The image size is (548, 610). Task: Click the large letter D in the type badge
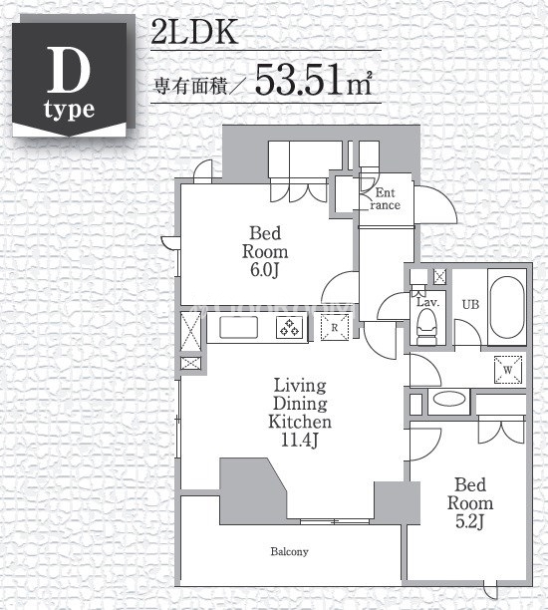[69, 71]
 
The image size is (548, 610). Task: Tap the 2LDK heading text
[194, 33]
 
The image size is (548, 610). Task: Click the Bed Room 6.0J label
[265, 252]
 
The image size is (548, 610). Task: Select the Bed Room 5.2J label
[470, 503]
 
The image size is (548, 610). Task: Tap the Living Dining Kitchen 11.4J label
[300, 414]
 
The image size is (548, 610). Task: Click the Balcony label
[289, 551]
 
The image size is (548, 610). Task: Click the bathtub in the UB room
[506, 308]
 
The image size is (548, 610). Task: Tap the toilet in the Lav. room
[426, 331]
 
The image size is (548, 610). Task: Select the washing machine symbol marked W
[507, 370]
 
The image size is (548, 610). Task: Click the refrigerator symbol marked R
[335, 328]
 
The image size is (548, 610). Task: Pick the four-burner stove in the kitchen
[289, 327]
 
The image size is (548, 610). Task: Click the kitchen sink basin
[238, 327]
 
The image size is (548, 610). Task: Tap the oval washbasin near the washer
[448, 399]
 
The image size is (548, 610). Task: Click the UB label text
[470, 305]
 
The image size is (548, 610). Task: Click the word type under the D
[69, 111]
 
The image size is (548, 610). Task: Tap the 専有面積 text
[190, 86]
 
